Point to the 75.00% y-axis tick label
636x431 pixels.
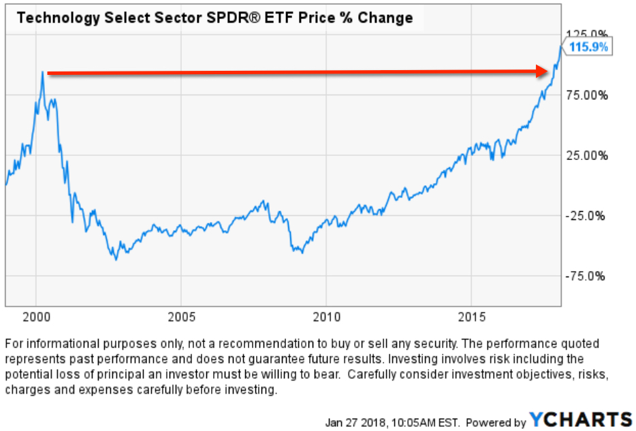(587, 95)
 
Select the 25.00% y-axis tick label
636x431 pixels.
(587, 155)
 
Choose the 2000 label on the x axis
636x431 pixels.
(36, 318)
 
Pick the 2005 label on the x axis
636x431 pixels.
(181, 318)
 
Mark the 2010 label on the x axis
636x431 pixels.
(326, 318)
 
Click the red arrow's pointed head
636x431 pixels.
(550, 71)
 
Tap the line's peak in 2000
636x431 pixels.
(42, 72)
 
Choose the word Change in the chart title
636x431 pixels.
(386, 18)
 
